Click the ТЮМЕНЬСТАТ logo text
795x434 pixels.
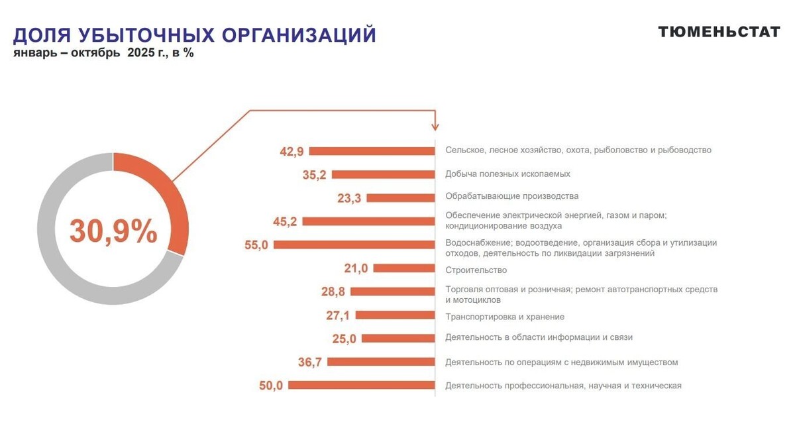[719, 32]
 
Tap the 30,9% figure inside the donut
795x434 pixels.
[113, 231]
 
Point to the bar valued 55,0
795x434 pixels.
[354, 244]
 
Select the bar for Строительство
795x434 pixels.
[403, 268]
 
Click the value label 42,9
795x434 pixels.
[291, 152]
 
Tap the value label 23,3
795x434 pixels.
[348, 197]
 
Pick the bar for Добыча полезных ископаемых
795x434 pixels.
[383, 175]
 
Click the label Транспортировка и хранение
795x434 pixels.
[505, 317]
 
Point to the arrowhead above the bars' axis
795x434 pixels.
[435, 125]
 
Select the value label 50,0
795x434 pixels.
[271, 386]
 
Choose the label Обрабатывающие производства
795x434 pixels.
[511, 196]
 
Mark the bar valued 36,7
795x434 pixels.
[381, 362]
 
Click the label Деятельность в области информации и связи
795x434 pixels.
[539, 337]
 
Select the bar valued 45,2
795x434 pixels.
[368, 221]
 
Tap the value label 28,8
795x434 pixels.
[333, 292]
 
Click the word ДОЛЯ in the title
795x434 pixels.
[42, 35]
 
